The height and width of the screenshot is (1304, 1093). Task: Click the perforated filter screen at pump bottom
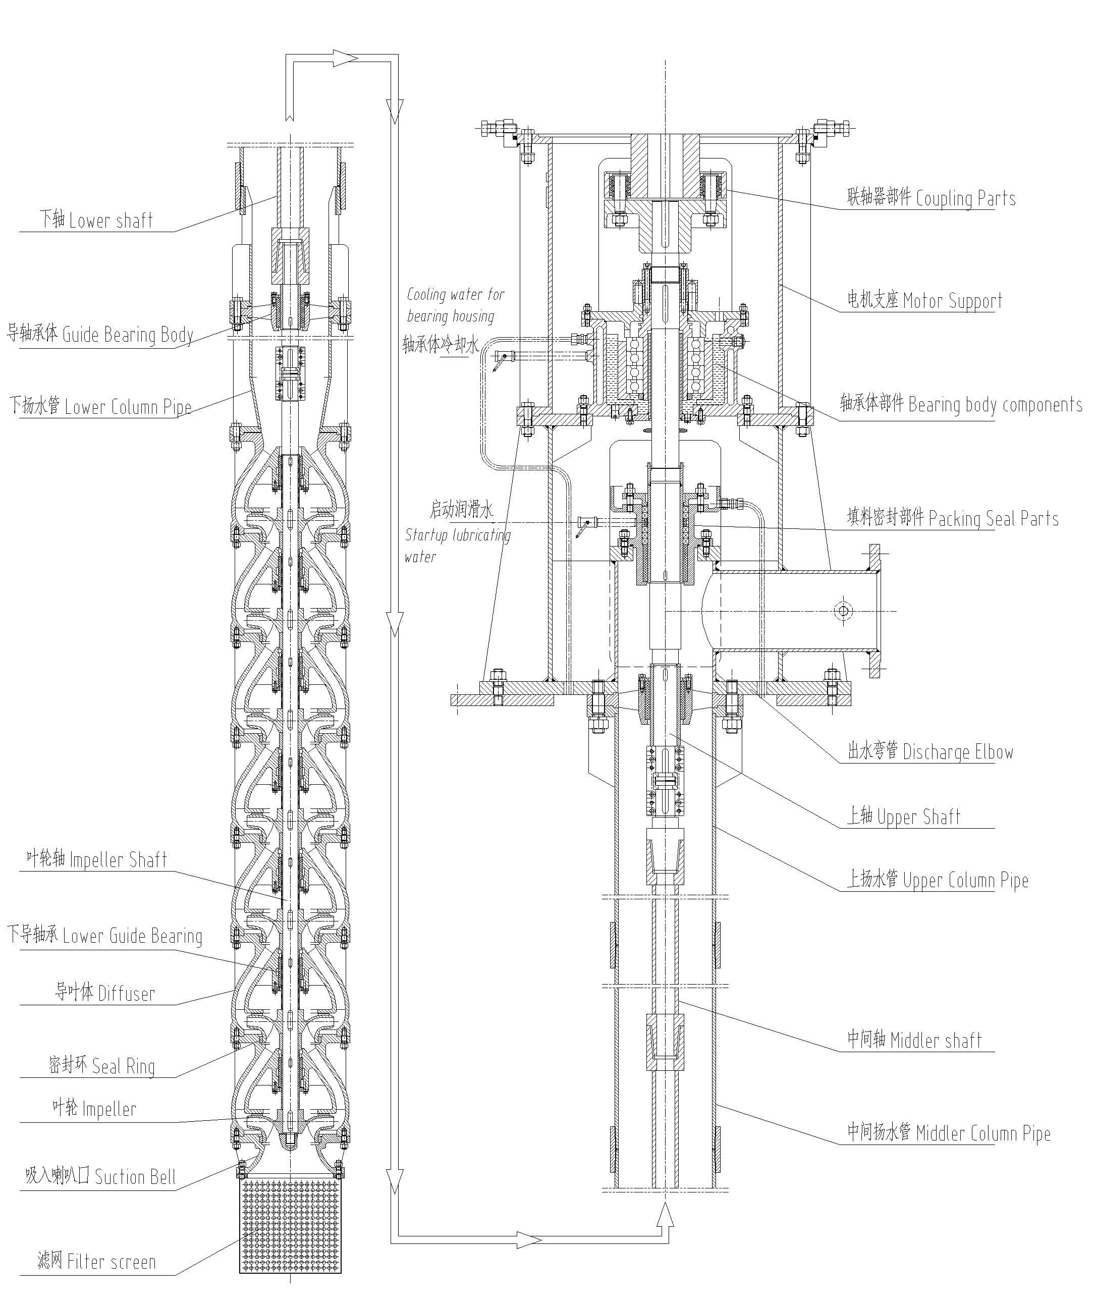[x=291, y=1226]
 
